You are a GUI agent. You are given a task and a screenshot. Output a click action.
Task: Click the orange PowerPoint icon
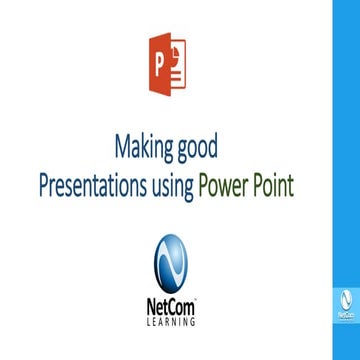click(165, 65)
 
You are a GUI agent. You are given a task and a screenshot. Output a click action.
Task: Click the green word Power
click(232, 186)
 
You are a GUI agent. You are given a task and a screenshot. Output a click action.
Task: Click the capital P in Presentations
click(44, 186)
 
